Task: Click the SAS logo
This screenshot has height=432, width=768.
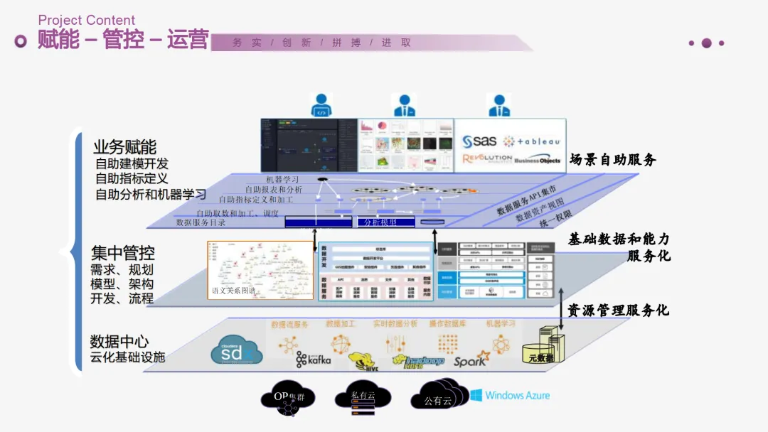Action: click(480, 141)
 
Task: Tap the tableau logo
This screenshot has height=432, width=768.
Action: click(532, 141)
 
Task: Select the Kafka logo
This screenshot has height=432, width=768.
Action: click(314, 360)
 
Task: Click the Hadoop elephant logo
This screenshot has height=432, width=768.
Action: click(423, 360)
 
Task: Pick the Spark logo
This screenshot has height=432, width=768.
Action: click(472, 359)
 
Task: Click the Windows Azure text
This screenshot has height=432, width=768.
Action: click(508, 395)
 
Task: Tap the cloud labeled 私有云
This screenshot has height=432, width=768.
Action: click(363, 396)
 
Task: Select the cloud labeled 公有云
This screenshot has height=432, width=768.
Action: click(439, 399)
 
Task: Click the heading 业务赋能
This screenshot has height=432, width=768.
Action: click(124, 147)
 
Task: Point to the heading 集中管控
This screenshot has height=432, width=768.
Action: click(122, 252)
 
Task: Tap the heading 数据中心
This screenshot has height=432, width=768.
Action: click(119, 341)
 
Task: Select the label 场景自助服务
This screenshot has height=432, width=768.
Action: click(612, 160)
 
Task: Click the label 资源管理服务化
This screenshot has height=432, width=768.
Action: click(617, 310)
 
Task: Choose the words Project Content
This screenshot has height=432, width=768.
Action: click(86, 20)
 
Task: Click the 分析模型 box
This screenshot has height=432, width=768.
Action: click(380, 222)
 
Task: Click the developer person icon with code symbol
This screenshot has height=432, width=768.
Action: click(321, 105)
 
